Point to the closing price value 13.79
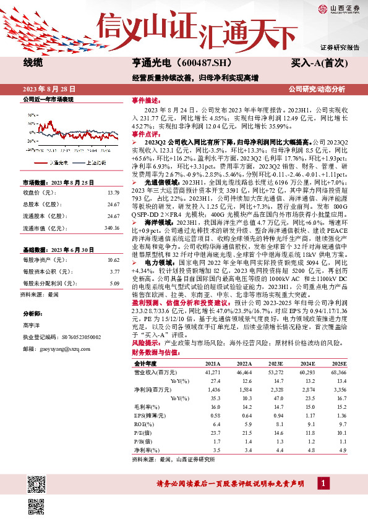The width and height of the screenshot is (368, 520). coord(113,193)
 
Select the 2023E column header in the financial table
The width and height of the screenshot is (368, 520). coord(278,364)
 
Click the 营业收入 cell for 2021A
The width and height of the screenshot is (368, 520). coord(213,373)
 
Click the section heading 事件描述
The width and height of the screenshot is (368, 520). coord(146,99)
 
